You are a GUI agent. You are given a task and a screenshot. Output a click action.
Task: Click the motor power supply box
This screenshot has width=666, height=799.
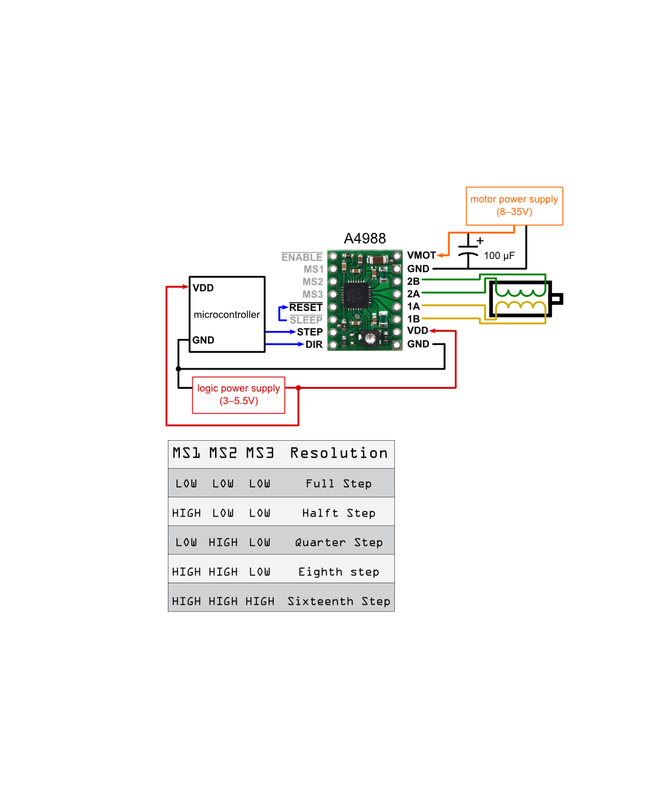[514, 206]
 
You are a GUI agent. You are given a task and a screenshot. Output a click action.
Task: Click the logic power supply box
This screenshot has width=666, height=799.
[238, 395]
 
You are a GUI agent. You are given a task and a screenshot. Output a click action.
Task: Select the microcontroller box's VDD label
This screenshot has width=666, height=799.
[203, 288]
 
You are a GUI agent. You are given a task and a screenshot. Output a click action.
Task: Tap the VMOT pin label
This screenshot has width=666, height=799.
[421, 256]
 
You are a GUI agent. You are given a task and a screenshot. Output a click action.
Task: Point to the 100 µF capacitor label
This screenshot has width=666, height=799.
[499, 256]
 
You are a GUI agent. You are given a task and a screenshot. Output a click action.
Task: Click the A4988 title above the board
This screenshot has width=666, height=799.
[364, 238]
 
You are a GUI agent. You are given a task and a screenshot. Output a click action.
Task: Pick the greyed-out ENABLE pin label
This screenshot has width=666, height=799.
[302, 257]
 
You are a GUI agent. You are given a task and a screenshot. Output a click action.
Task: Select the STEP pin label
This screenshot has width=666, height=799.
[310, 332]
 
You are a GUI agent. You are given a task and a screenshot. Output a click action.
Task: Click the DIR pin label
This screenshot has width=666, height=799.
[314, 344]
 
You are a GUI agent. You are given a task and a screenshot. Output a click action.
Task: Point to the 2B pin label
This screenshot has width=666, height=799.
[413, 281]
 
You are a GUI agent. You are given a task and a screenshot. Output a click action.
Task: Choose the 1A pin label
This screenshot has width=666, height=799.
[413, 306]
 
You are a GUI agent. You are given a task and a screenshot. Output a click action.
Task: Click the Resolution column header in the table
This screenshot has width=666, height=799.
[338, 453]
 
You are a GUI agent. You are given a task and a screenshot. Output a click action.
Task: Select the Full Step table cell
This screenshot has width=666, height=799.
[338, 483]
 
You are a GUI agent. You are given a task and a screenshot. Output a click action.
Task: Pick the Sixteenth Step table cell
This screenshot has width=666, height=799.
[338, 601]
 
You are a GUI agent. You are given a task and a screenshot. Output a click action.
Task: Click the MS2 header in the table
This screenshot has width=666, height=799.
[222, 453]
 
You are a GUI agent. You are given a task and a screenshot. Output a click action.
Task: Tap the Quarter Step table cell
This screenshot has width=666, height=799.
[338, 543]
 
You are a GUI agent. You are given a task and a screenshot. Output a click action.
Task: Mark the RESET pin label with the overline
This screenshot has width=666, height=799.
[306, 308]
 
